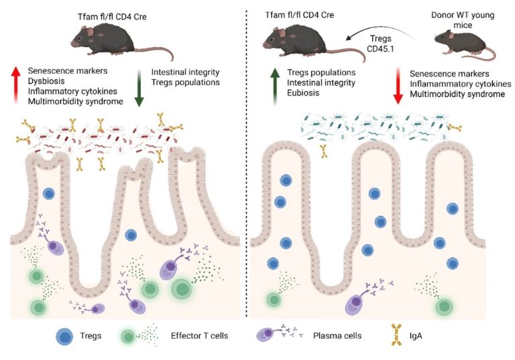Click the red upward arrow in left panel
pos(15,84)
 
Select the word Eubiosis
pos(304,95)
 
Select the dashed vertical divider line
pos(247,168)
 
